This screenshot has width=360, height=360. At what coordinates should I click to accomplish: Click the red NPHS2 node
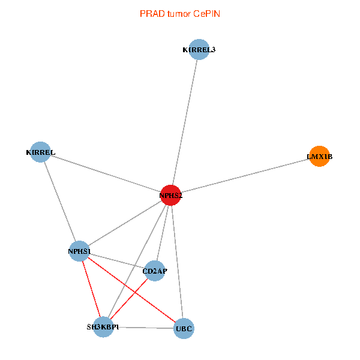point(171,195)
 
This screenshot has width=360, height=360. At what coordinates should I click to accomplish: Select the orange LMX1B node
point(319,157)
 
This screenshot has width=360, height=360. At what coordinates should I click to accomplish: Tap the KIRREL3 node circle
point(199,50)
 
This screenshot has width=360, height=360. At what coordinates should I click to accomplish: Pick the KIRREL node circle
point(40,152)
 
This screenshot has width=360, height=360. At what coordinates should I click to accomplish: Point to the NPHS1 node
point(79,251)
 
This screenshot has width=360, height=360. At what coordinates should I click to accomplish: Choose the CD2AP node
point(155,271)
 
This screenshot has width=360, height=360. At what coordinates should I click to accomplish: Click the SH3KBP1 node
point(103,327)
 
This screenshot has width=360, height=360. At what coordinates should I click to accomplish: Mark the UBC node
point(184,329)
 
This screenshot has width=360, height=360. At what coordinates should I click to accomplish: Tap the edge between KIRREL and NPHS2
point(106,173)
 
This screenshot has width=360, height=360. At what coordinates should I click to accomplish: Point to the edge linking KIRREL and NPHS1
point(59,201)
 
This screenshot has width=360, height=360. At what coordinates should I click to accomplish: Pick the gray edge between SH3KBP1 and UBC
point(143,328)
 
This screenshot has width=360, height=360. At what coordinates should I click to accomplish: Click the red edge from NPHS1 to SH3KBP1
point(91,289)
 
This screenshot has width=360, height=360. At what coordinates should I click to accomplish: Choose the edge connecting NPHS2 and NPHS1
point(125,223)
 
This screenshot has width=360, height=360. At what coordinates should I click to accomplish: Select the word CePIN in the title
point(206,13)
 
